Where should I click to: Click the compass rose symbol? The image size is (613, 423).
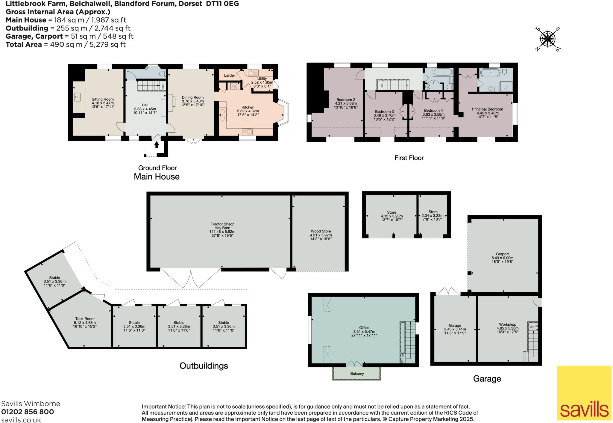(548, 39)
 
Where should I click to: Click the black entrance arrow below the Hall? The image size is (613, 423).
(157, 144)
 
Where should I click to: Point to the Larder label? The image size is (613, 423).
(230, 75)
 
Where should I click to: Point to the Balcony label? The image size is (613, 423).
(357, 374)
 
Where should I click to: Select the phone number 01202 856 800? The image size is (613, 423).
(28, 412)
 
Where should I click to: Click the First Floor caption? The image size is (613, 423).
(409, 158)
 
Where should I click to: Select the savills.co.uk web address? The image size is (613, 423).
(21, 420)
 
